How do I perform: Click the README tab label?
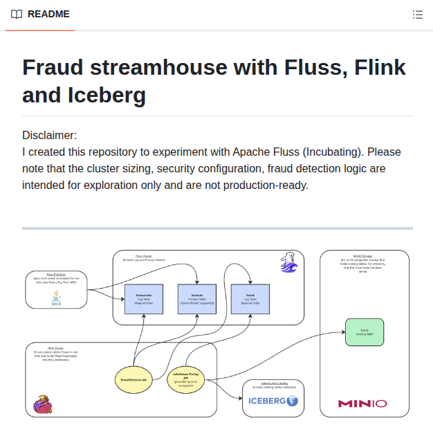[48, 14]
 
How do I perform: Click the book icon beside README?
[17, 14]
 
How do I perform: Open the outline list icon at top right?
[417, 15]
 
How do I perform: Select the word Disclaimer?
[49, 135]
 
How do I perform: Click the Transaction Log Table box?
[144, 298]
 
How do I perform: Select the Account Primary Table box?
[198, 298]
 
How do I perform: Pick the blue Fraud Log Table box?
[250, 298]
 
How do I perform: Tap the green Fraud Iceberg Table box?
[364, 332]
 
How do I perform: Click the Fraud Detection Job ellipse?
[133, 379]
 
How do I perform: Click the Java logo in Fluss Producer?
[56, 298]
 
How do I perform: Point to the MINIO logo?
[362, 403]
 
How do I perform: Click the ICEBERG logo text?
[267, 400]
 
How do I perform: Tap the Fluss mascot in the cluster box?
[289, 263]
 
